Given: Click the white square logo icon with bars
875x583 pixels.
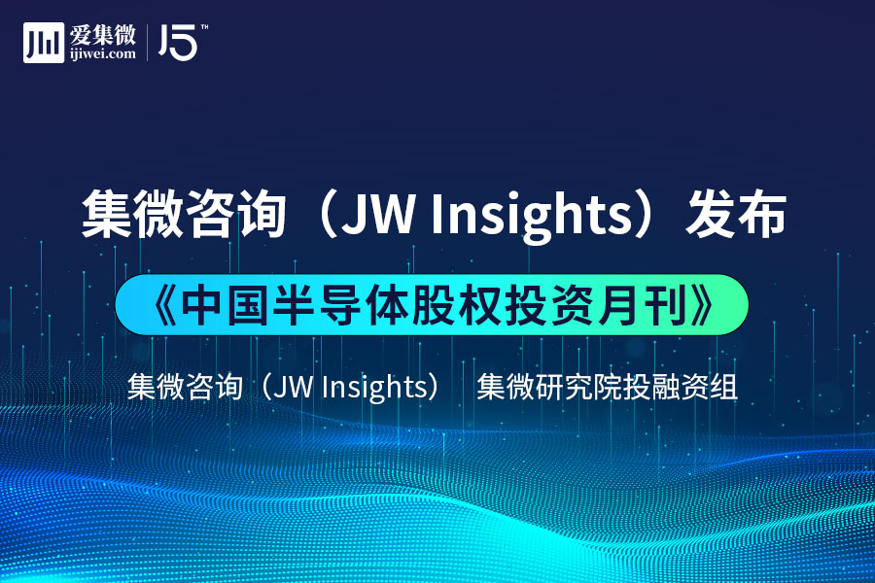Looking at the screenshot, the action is (44, 43).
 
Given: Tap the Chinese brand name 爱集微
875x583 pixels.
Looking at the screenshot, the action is (103, 35).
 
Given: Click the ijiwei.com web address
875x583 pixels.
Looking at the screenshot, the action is (103, 54).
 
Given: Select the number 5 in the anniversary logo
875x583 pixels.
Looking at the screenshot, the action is (183, 43).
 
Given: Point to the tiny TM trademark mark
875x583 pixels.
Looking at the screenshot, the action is (204, 27).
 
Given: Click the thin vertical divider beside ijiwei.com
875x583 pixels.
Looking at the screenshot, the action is (148, 43).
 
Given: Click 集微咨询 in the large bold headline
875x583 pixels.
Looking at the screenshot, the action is (184, 214).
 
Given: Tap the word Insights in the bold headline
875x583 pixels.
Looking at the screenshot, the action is (531, 217).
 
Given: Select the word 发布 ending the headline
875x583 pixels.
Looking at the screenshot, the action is (736, 214).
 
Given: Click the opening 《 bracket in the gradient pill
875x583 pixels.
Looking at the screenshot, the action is (164, 305).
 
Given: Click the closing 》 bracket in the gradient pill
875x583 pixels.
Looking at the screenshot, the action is (701, 305).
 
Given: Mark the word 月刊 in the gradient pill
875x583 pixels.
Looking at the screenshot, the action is (643, 305).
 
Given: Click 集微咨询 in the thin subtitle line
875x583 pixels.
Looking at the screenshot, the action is (185, 387).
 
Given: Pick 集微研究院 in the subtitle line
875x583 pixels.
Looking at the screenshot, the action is (549, 387).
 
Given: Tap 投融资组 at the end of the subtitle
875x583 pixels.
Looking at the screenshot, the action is (680, 387).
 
